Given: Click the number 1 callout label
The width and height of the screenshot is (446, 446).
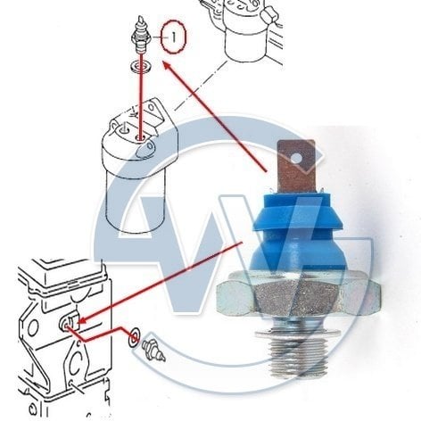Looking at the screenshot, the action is pyautogui.click(x=173, y=37).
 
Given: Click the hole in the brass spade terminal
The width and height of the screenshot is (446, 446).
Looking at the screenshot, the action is pyautogui.click(x=295, y=158).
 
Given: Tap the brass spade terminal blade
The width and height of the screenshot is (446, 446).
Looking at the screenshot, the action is pyautogui.click(x=296, y=167).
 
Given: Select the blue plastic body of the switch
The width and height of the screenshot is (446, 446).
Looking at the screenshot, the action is pyautogui.click(x=297, y=232).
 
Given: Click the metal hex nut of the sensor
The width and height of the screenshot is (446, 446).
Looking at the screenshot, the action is pyautogui.click(x=298, y=294).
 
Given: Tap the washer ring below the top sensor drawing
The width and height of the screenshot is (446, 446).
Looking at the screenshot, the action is pyautogui.click(x=141, y=66).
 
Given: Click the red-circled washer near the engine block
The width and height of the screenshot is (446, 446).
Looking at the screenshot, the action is pyautogui.click(x=134, y=337).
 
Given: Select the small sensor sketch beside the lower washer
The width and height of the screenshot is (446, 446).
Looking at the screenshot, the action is pyautogui.click(x=153, y=351).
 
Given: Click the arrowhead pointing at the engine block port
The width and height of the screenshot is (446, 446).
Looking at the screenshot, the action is pyautogui.click(x=82, y=320).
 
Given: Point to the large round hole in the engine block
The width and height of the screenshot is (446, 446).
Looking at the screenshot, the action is pyautogui.click(x=33, y=327).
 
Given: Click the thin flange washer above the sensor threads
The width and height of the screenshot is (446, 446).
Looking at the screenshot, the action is pyautogui.click(x=298, y=334).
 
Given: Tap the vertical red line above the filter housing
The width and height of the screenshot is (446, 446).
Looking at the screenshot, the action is pyautogui.click(x=141, y=95).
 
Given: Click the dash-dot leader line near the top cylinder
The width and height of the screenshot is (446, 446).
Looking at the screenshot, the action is pyautogui.click(x=201, y=87).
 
